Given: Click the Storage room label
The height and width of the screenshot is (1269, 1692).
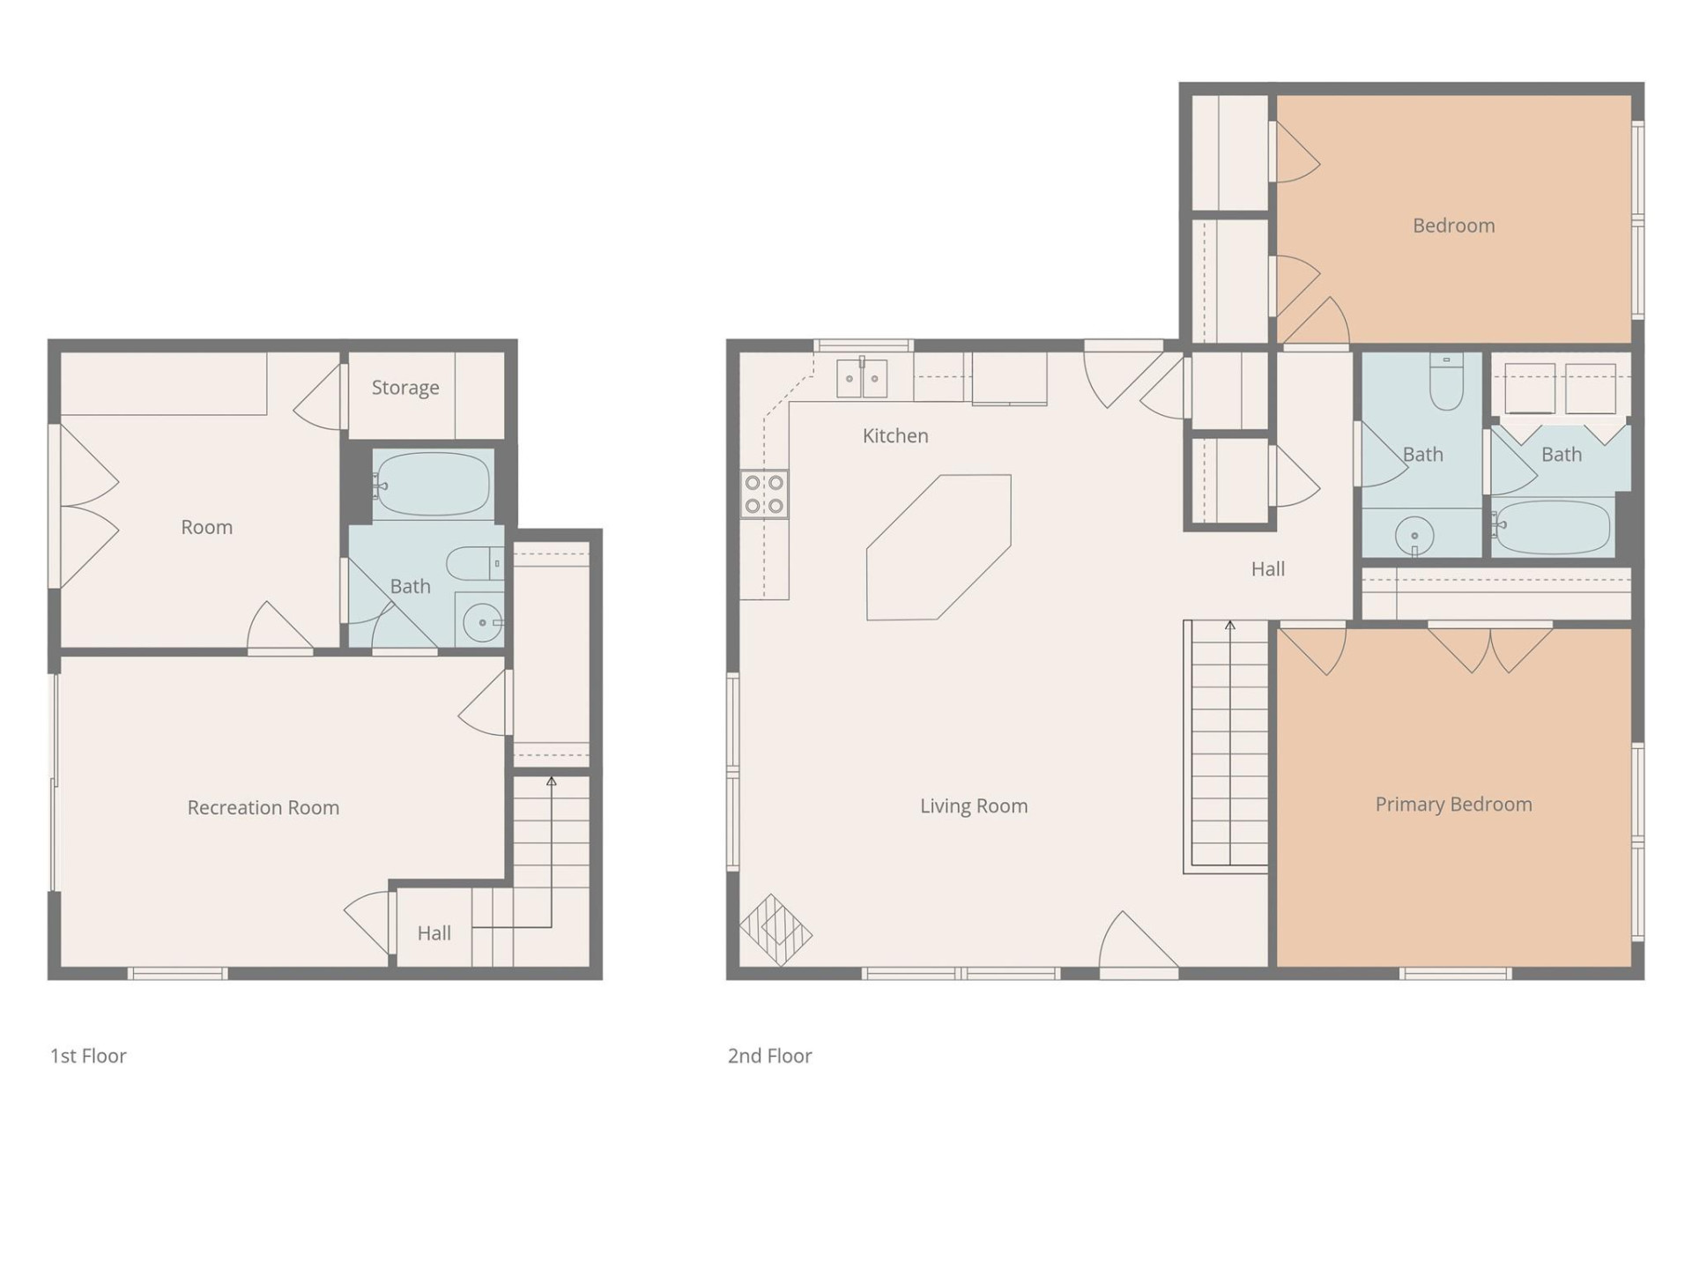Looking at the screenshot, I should [404, 388].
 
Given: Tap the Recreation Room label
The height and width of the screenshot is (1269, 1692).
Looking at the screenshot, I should [263, 807].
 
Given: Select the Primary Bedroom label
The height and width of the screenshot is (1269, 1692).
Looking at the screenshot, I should [1453, 804].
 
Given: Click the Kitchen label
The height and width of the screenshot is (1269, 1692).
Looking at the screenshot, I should [894, 435].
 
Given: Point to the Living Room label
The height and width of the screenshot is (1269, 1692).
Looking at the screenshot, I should [973, 805].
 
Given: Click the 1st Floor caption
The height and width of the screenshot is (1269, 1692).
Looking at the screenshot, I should [88, 1056].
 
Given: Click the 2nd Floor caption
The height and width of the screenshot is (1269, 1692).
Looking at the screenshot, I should [769, 1056].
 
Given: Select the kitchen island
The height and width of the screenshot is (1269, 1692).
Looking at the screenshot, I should [939, 547].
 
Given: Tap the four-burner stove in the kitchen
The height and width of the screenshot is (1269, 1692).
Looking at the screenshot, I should [764, 494].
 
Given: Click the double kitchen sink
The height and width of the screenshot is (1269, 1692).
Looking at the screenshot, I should [862, 378].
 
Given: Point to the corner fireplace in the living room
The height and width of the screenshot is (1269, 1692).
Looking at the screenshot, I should [775, 930].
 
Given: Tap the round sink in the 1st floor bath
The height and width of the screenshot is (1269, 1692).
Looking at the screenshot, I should [481, 623].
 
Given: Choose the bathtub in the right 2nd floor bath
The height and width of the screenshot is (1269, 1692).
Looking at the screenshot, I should [1552, 527].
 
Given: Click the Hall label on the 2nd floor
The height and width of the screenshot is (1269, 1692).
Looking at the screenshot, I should [1267, 569].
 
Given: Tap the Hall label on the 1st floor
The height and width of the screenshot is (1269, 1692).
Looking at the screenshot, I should [434, 933].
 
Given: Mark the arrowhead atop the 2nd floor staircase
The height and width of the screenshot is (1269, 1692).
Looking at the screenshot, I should [1230, 626].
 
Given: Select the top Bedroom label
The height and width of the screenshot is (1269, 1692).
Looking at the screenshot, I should [1453, 226].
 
